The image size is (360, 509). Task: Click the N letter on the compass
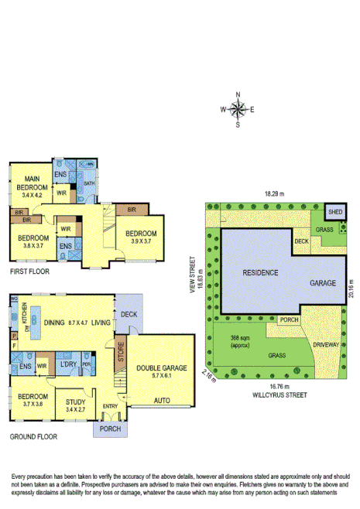pos(238,95)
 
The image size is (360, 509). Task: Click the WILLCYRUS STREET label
pos(275,394)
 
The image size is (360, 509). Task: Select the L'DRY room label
pos(68,364)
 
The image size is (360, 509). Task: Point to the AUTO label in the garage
pos(163,401)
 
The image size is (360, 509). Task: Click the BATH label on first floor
pos(88,183)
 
